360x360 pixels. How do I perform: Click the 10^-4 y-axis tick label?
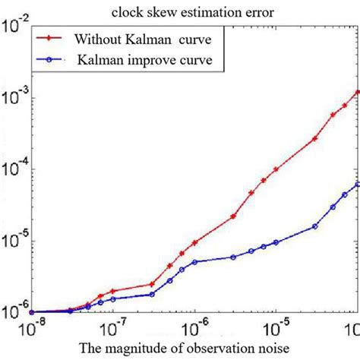coord(15,168)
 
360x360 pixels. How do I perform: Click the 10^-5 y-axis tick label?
coord(15,240)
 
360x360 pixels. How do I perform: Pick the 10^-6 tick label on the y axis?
coord(15,311)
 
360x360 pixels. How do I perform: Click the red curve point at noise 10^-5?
coord(275,169)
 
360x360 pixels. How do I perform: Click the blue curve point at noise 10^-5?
coord(275,242)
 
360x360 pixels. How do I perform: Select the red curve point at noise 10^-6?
coord(195,242)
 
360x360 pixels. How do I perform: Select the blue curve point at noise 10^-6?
coord(195,262)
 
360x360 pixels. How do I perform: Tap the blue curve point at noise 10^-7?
coord(113,298)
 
